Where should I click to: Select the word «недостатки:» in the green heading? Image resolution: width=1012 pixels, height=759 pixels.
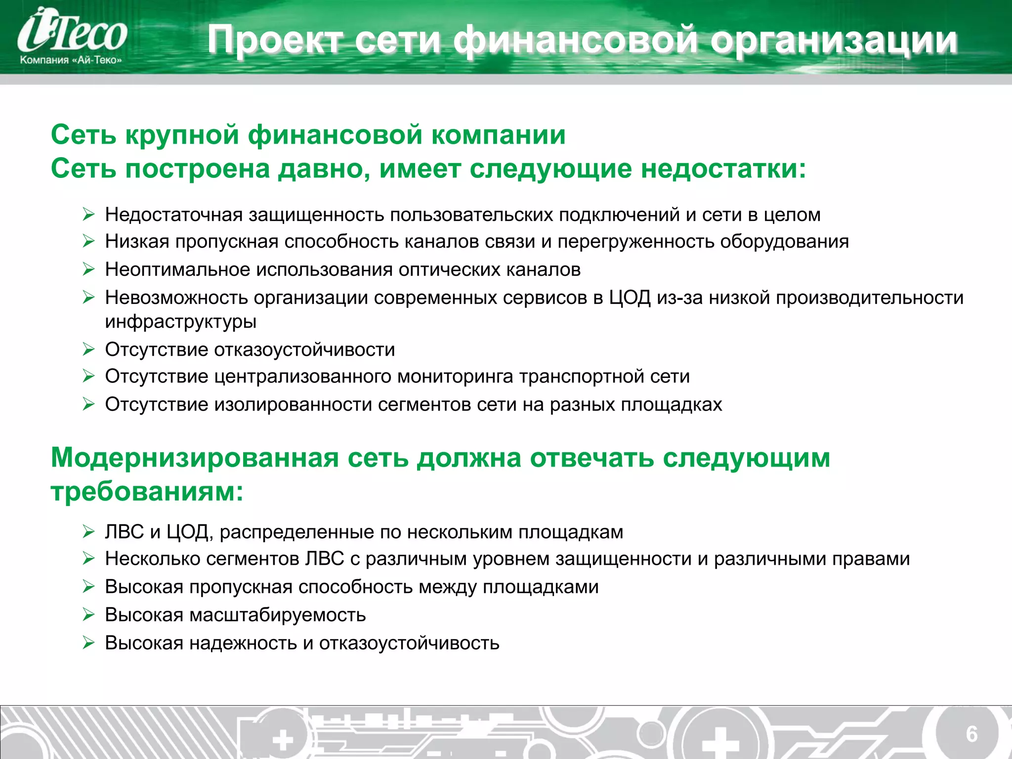[723, 169]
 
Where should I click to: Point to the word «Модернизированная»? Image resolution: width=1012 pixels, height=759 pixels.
[195, 458]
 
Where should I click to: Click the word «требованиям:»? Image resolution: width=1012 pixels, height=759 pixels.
[147, 492]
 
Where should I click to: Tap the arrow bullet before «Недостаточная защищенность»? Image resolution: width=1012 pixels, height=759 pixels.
[88, 214]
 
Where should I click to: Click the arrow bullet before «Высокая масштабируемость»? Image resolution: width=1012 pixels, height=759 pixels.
[88, 615]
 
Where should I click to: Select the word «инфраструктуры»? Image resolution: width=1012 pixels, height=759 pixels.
[181, 322]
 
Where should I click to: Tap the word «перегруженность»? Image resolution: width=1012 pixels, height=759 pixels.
[635, 242]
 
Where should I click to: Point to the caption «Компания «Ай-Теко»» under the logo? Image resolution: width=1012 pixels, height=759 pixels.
[71, 60]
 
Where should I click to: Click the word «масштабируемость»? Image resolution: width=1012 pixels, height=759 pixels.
[278, 615]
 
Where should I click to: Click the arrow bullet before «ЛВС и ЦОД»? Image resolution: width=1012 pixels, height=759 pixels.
[88, 532]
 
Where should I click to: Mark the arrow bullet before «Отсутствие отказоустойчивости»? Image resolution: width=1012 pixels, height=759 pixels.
[88, 350]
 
